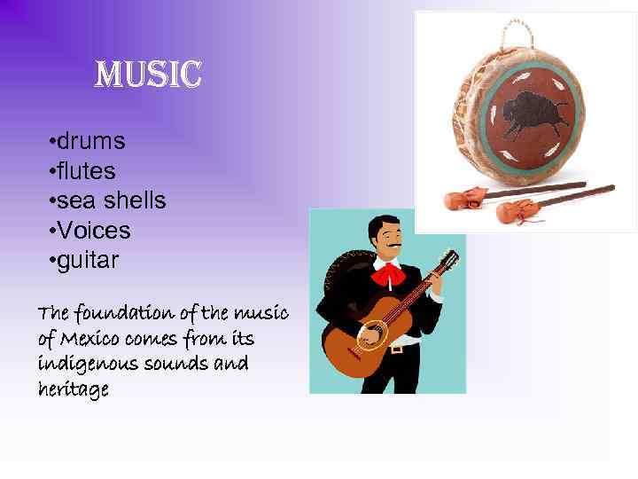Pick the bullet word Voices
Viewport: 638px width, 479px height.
click(x=93, y=231)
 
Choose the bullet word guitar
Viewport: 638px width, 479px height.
click(x=88, y=261)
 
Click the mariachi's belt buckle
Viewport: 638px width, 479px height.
click(x=396, y=349)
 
